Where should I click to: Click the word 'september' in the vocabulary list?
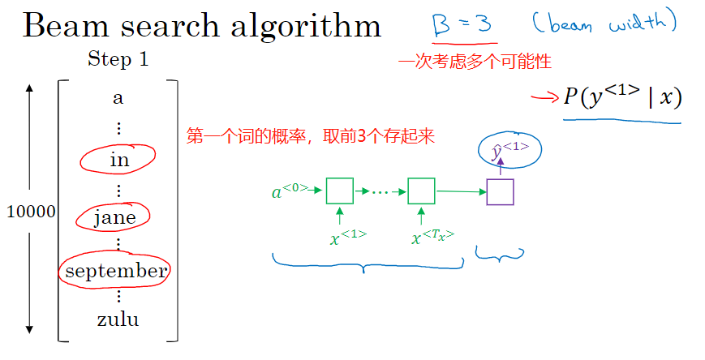116,271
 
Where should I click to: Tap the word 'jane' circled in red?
114,216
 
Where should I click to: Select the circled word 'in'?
119,161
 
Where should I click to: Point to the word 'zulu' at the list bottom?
118,319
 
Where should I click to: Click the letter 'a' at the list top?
118,99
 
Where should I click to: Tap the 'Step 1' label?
118,60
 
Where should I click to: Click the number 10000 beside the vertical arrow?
31,212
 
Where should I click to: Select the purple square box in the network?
500,191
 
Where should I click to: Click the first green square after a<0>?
339,191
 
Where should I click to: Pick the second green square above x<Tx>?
421,191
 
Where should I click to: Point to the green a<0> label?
290,192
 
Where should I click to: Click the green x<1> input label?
348,237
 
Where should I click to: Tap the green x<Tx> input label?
432,237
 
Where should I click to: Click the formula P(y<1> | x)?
622,98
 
